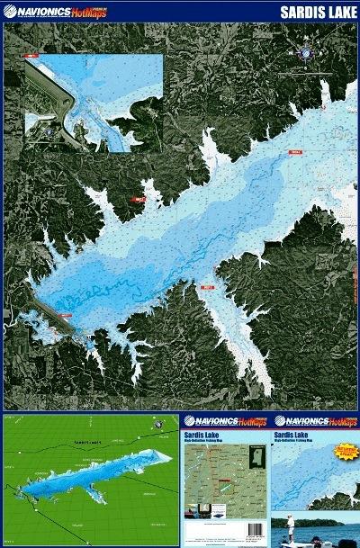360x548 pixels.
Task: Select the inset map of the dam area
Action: coord(94,100)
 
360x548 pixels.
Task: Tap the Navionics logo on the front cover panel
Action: coord(315,420)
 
